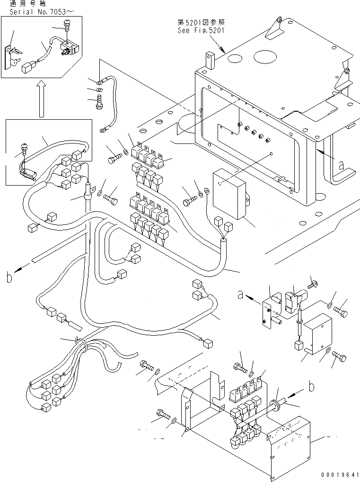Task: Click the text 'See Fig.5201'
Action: [x=201, y=30]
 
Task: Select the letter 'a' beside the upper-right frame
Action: [x=341, y=165]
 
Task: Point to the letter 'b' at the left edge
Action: [x=9, y=277]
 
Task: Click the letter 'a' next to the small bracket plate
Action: [x=240, y=295]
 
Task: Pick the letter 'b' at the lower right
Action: [x=311, y=386]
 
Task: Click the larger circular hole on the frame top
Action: [x=266, y=57]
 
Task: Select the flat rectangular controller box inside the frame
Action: [x=230, y=194]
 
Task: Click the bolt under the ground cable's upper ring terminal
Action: [x=99, y=102]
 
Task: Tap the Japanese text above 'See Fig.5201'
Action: [x=201, y=22]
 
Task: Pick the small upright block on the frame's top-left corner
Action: [x=210, y=60]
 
